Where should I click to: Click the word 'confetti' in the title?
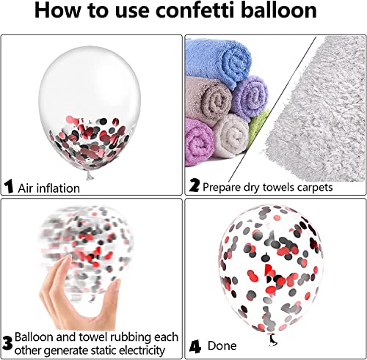[x=195, y=10]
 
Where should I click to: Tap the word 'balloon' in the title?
[x=279, y=10]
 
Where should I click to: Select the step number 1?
[x=9, y=186]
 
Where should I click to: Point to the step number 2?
[x=195, y=185]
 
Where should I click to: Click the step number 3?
[x=7, y=343]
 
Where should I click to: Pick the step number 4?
[x=195, y=348]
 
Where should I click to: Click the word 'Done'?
[x=222, y=346]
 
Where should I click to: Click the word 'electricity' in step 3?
[x=140, y=350]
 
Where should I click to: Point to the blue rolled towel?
[x=218, y=61]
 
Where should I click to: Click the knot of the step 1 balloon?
[x=90, y=175]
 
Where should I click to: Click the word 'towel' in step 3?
[x=92, y=337]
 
